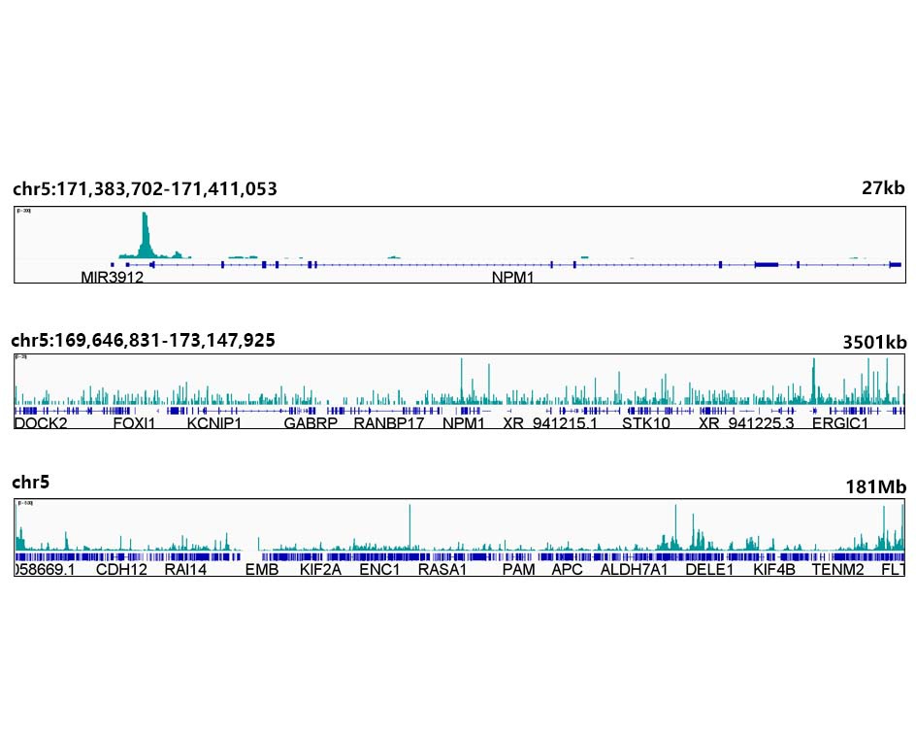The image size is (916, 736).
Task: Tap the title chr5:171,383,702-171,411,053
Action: click(x=145, y=189)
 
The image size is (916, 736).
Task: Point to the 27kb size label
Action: click(x=883, y=188)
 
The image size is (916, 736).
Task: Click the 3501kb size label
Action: click(x=874, y=342)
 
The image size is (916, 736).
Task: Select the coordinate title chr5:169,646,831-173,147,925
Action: click(x=143, y=340)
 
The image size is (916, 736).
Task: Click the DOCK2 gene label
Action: click(x=41, y=423)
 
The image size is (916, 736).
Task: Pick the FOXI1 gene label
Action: click(x=134, y=423)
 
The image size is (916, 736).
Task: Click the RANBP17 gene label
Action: click(x=389, y=423)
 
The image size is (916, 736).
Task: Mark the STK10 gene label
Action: click(x=646, y=423)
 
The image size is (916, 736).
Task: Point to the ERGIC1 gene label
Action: click(x=840, y=423)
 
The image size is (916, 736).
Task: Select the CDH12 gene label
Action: click(x=121, y=570)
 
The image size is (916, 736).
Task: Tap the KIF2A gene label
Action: click(x=320, y=570)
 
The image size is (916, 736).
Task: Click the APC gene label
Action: click(x=567, y=570)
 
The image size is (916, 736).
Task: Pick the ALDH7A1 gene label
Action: click(x=635, y=570)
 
